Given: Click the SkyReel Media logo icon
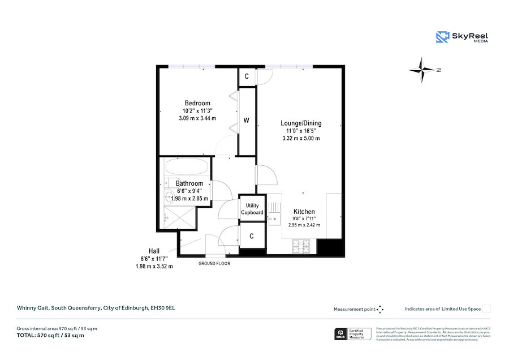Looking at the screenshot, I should pyautogui.click(x=442, y=37).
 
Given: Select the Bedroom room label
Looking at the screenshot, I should pyautogui.click(x=196, y=103).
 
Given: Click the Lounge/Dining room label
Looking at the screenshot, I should pyautogui.click(x=301, y=123).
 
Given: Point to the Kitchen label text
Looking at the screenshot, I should pyautogui.click(x=304, y=212).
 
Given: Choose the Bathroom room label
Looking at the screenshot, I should pyautogui.click(x=189, y=183).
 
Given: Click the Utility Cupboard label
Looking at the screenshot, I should pyautogui.click(x=252, y=209).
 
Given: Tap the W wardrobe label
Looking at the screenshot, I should pyautogui.click(x=247, y=120).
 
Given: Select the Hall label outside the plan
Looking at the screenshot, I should pyautogui.click(x=154, y=251).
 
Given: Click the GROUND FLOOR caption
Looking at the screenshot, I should pyautogui.click(x=214, y=264).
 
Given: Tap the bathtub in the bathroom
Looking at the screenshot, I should pyautogui.click(x=187, y=168).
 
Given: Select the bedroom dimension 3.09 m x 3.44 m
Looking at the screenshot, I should pyautogui.click(x=197, y=118).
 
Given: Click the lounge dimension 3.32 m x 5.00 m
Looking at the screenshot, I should pyautogui.click(x=301, y=138).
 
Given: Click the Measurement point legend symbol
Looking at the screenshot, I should pyautogui.click(x=380, y=309).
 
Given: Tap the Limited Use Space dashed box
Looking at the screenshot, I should pyautogui.click(x=486, y=309).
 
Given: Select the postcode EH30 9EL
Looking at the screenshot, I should pyautogui.click(x=166, y=308).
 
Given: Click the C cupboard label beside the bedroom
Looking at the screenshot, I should pyautogui.click(x=247, y=76).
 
